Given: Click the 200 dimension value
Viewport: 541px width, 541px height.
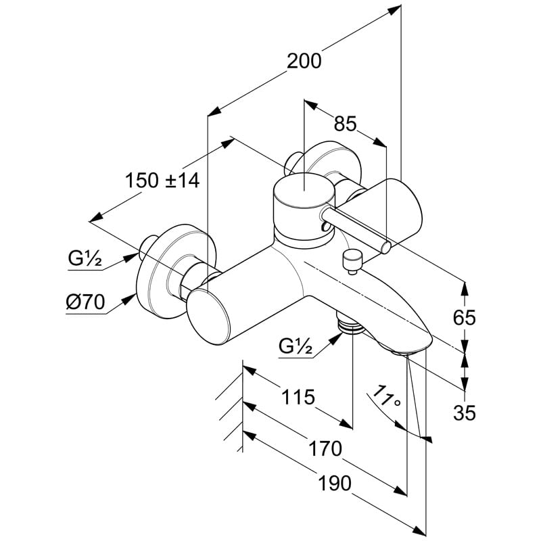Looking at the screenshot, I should point(304,61).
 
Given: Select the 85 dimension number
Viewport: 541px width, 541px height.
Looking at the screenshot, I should point(345,124).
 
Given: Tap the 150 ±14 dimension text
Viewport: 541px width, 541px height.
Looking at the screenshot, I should point(162,181).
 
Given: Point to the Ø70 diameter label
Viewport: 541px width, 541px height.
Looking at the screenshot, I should point(86,303).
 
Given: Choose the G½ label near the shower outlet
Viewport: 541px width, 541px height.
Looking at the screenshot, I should point(295,346).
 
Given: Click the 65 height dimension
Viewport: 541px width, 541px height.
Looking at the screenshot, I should point(465,317).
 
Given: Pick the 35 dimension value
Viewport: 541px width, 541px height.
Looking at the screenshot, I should point(465,412).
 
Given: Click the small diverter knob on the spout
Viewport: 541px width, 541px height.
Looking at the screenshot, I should point(352,258).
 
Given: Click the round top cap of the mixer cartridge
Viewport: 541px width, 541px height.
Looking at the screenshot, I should point(302,191).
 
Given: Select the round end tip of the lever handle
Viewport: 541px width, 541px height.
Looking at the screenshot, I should point(385,248).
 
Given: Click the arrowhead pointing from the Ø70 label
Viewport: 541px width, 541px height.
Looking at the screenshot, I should point(133,295).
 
